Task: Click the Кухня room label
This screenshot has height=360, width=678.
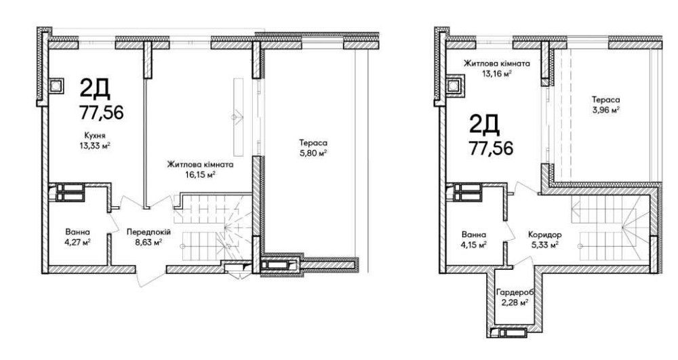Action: pos(95,136)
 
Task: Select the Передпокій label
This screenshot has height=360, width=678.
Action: pos(148,232)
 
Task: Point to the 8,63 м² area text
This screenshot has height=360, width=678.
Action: pos(148,242)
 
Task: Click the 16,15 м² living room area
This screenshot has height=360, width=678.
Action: pos(201,175)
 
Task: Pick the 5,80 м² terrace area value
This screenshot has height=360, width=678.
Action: pos(313,153)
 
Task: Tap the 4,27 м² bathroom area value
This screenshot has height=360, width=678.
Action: pos(78,242)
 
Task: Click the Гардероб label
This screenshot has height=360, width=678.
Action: pos(515,292)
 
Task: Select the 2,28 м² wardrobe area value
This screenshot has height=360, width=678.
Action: pos(515,302)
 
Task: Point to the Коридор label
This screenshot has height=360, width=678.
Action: pos(545,235)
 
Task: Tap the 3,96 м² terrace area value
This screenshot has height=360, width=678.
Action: pos(605,109)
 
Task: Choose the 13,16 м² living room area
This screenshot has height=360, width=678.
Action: pos(497,73)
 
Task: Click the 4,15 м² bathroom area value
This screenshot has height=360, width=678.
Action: pos(474,245)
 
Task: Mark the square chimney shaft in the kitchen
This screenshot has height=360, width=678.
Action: pos(56,85)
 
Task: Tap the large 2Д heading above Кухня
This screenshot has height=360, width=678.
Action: pos(95,89)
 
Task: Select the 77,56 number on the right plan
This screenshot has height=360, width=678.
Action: pos(491,148)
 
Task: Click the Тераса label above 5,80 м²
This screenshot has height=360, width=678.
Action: pos(313,142)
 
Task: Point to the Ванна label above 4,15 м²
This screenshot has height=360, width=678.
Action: pos(474,235)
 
